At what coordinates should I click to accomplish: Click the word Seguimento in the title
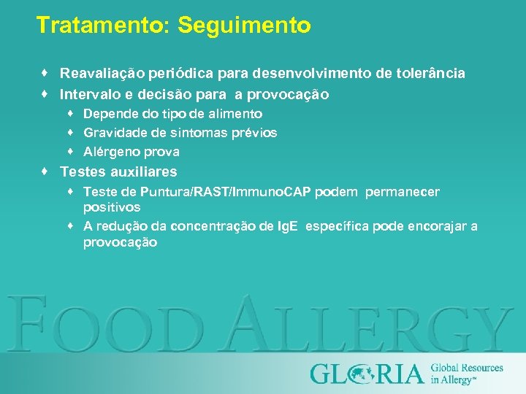(x=244, y=26)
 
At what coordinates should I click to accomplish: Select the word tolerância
(x=431, y=74)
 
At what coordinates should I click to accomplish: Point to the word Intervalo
(x=89, y=95)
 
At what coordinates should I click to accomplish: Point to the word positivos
(x=112, y=208)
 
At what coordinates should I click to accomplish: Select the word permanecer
(x=403, y=192)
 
